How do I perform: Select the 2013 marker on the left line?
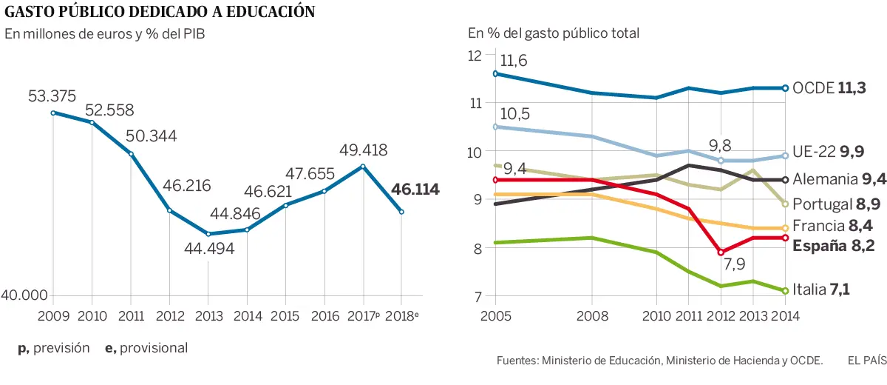tap(208, 234)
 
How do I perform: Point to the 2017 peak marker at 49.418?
tap(363, 167)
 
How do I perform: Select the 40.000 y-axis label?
tap(24, 295)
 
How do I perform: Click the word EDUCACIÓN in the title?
tap(259, 12)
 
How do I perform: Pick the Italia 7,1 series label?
tap(820, 290)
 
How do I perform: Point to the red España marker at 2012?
tap(721, 252)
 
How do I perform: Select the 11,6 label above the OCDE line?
tap(513, 61)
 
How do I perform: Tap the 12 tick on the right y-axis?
tap(474, 55)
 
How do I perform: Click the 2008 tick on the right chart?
tap(591, 315)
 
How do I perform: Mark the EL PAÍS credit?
tap(866, 361)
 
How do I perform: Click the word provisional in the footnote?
tap(153, 348)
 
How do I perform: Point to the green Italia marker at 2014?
tap(785, 290)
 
